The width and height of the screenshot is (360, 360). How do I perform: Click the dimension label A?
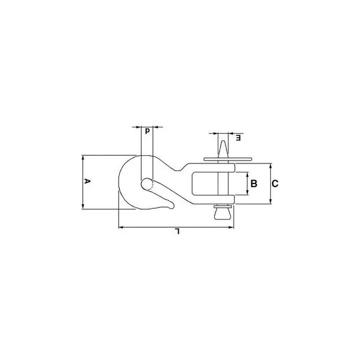(x=87, y=181)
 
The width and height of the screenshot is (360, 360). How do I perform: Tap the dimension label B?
(x=254, y=184)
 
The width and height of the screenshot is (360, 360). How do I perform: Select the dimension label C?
(x=275, y=184)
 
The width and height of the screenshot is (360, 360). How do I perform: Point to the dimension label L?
(x=177, y=231)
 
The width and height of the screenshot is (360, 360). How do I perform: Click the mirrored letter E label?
(x=238, y=138)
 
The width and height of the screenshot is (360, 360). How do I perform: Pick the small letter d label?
(x=148, y=130)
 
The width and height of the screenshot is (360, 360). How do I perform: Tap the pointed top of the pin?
(x=222, y=141)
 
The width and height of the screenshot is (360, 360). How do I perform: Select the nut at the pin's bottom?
(x=222, y=212)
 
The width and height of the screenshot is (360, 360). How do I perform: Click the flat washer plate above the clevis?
(x=228, y=159)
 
